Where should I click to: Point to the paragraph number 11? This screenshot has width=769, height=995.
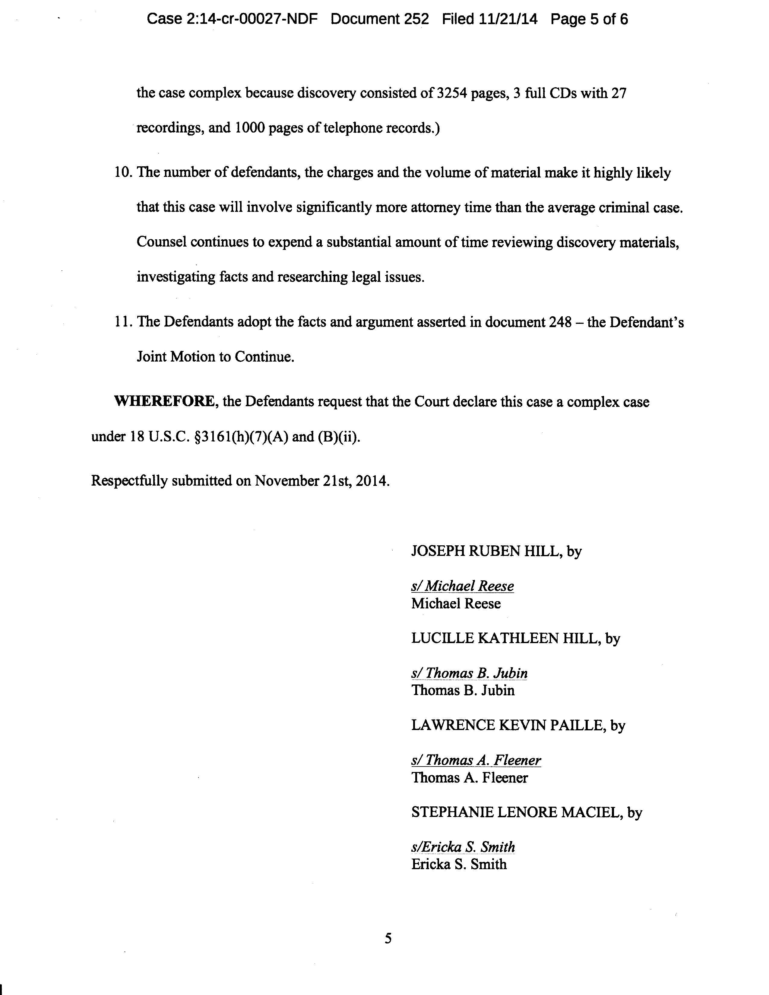tap(122, 322)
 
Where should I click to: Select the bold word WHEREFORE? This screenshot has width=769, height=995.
tap(164, 402)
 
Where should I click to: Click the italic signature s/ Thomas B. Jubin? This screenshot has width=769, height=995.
tap(469, 673)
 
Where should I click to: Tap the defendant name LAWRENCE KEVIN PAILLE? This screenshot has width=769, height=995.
tap(508, 725)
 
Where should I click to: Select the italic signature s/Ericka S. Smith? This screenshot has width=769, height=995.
tap(463, 847)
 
